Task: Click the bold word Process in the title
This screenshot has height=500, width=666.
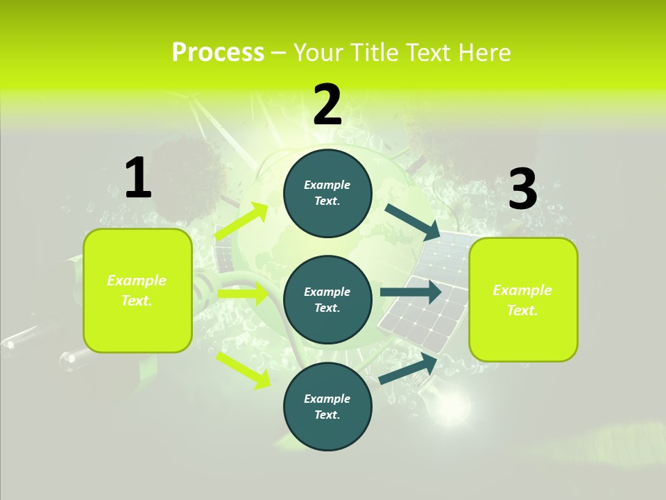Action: click(x=218, y=53)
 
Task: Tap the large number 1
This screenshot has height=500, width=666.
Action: click(x=138, y=178)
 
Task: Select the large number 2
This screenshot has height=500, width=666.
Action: click(x=327, y=105)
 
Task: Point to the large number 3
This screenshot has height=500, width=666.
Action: click(x=522, y=190)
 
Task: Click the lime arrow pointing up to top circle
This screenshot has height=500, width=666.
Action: click(x=241, y=222)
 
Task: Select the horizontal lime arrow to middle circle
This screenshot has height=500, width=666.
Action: click(x=243, y=294)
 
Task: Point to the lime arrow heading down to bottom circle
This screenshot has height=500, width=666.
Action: click(x=244, y=369)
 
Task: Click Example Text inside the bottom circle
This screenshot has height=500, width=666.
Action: click(x=327, y=406)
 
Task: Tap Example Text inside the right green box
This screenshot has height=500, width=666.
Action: click(x=522, y=300)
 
